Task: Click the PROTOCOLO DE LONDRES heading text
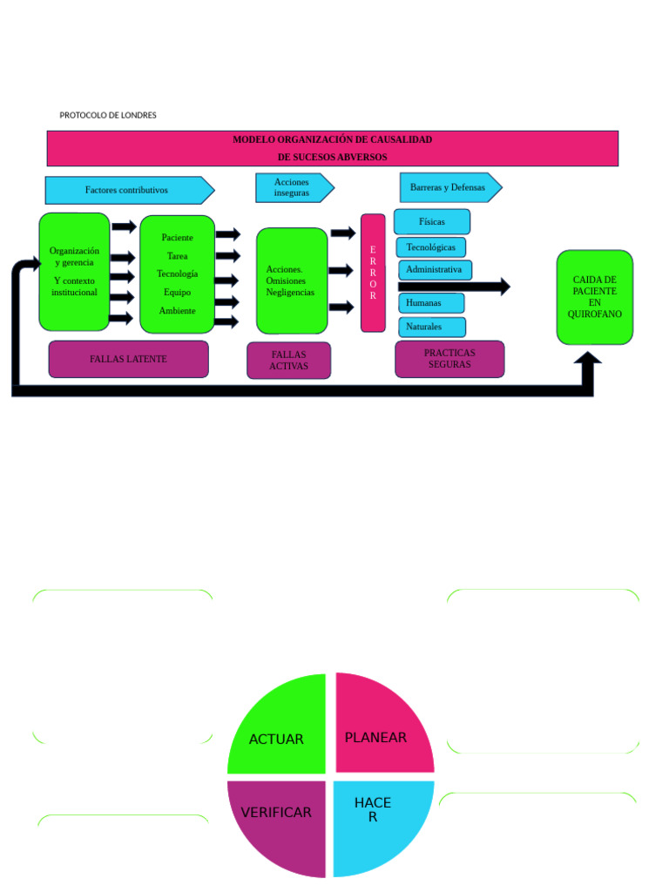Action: (108, 115)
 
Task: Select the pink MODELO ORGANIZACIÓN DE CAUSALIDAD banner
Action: (332, 148)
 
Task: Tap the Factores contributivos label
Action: (127, 190)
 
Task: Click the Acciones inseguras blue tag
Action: (292, 187)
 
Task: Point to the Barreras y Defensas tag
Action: (448, 187)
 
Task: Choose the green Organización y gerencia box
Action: (74, 271)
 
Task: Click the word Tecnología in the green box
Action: (177, 274)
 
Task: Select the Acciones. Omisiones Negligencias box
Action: (292, 280)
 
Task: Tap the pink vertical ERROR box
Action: (373, 273)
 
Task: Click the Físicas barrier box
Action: (431, 221)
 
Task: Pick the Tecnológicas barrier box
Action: (430, 247)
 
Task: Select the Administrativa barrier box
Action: (435, 270)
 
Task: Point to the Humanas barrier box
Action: (430, 303)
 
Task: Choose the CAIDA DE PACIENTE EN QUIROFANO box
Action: (594, 296)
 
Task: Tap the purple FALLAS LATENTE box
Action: (128, 359)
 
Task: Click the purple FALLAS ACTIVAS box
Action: (288, 361)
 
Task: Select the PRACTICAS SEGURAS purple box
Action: (449, 359)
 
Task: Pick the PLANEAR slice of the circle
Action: (378, 732)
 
